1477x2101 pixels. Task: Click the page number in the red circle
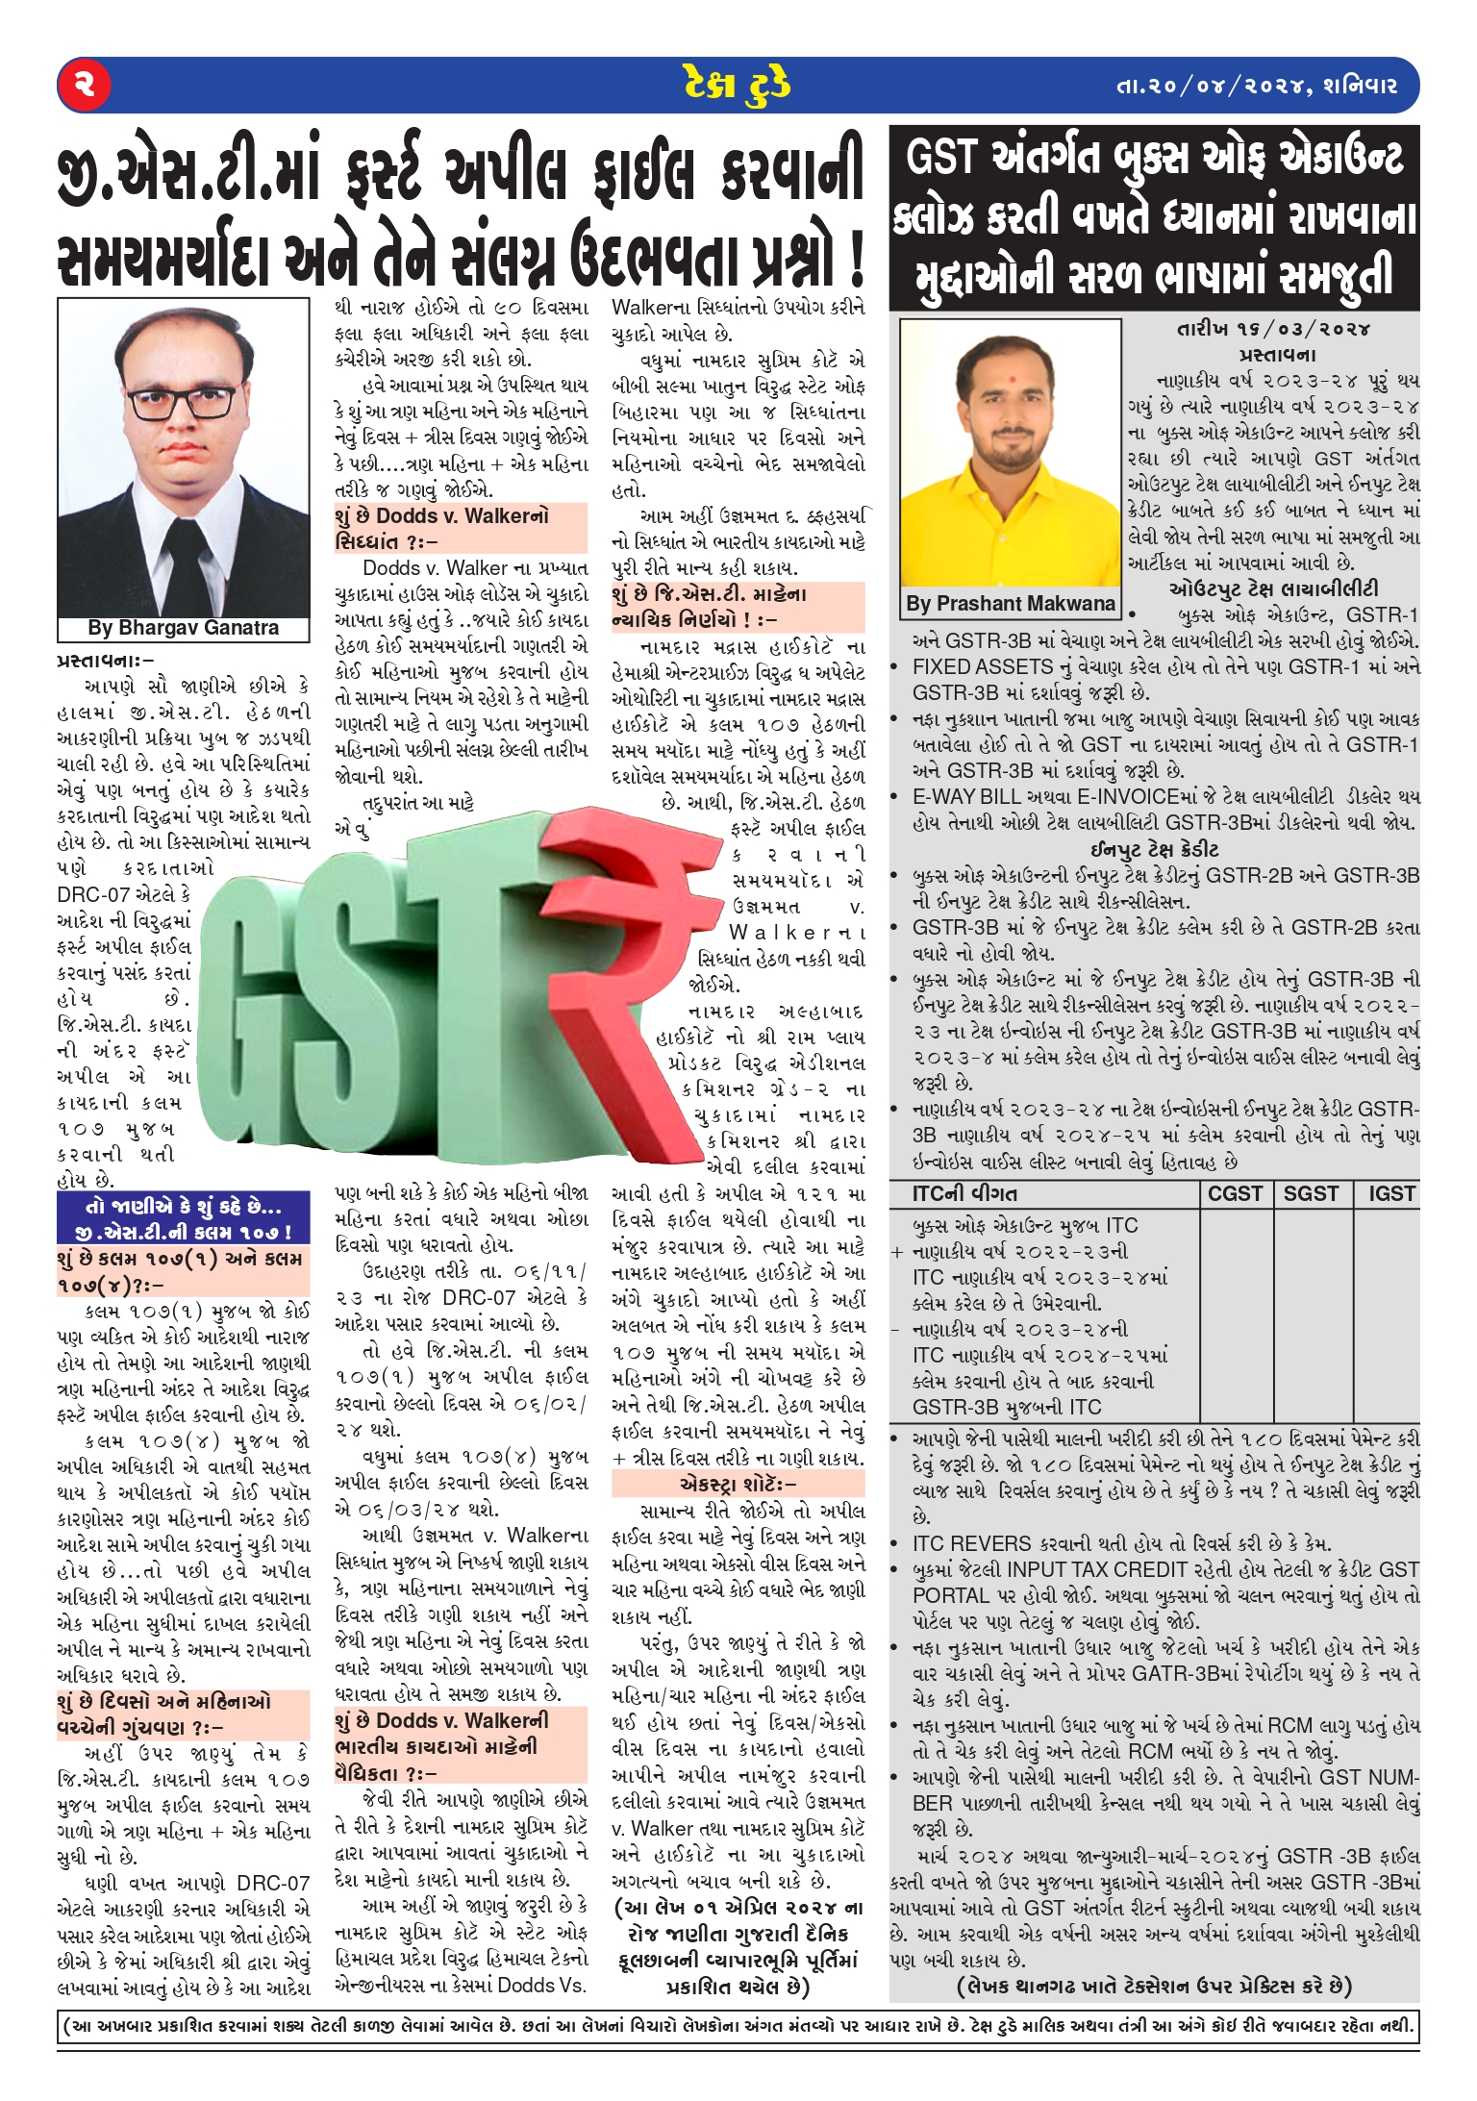coord(85,84)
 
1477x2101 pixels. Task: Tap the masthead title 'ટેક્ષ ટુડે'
coord(738,85)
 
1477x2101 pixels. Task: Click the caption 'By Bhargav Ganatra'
coord(183,628)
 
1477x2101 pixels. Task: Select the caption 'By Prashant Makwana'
coord(1010,604)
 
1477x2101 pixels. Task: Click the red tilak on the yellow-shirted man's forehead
coord(1011,371)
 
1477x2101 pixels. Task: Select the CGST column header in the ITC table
coord(1235,1193)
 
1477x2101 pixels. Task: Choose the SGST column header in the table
coord(1311,1193)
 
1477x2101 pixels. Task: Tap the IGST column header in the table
coord(1390,1193)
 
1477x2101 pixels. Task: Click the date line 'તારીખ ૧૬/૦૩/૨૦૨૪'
coord(1274,329)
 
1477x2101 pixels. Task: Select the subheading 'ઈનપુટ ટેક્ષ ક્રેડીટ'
coord(1154,849)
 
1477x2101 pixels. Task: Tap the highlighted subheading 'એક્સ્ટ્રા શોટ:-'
coord(738,1484)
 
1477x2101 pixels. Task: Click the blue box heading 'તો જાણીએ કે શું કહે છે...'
coord(183,1207)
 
